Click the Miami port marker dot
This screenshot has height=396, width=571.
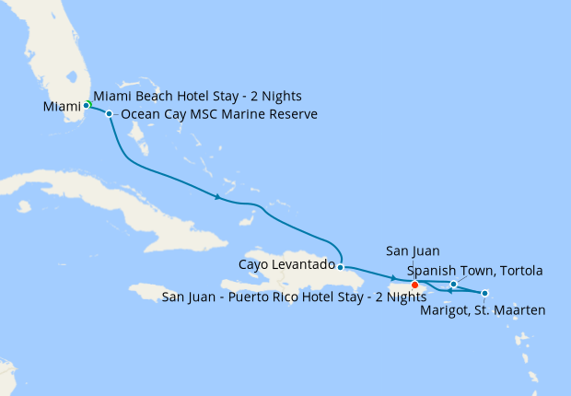[x=86, y=105]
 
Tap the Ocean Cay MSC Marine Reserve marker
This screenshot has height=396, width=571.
[x=110, y=114]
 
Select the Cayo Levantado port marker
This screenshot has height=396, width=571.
[x=340, y=267]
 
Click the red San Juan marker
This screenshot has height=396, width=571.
[x=415, y=285]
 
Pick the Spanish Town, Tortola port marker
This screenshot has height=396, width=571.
[x=454, y=284]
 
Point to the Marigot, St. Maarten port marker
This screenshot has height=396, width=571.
[x=485, y=294]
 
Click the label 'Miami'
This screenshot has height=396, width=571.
[x=62, y=108]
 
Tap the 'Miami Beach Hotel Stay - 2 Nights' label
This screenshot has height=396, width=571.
[x=198, y=96]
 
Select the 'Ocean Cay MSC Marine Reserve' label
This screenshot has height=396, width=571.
[x=218, y=114]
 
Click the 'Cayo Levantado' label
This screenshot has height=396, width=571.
[x=285, y=265]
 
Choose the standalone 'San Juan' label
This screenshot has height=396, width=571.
[x=414, y=250]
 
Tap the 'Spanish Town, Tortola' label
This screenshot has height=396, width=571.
[x=475, y=270]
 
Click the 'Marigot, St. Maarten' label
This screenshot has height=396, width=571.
[x=483, y=310]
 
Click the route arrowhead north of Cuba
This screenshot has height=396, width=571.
[x=217, y=197]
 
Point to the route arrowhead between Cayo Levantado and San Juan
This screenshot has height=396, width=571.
[x=393, y=278]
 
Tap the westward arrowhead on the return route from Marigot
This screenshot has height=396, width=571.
[x=449, y=291]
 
